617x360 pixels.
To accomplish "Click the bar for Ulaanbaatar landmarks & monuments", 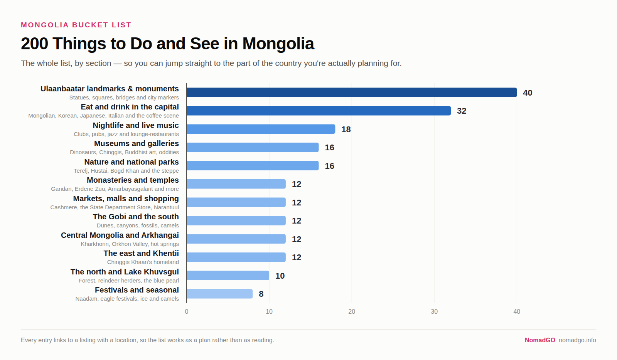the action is click(352, 93).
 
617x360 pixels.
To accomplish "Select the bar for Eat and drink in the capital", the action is click(319, 111).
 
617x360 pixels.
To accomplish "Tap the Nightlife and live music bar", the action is click(261, 129).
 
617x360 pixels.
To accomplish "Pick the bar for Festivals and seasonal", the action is click(219, 294).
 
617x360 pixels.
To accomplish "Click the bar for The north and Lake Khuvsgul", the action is click(228, 276).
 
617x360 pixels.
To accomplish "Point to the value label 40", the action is click(528, 93).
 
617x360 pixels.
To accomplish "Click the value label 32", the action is click(461, 111).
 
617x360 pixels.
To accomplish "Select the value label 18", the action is click(346, 130).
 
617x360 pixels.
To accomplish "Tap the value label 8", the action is click(261, 294).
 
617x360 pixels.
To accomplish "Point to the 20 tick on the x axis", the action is click(352, 311).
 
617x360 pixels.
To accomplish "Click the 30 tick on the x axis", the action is click(434, 311).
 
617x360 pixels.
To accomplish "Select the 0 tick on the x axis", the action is click(187, 311).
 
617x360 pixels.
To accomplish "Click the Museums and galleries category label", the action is click(137, 144).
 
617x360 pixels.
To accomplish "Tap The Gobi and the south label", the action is click(136, 217).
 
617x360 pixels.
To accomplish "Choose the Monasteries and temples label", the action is click(133, 180).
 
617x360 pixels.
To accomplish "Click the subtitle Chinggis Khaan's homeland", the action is click(143, 262).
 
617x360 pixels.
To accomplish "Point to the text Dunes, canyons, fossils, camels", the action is click(138, 225).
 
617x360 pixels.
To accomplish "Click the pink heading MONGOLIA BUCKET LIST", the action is click(76, 25).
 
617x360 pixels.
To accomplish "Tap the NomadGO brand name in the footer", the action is click(540, 340).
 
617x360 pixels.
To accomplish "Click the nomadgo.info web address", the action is click(577, 340).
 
